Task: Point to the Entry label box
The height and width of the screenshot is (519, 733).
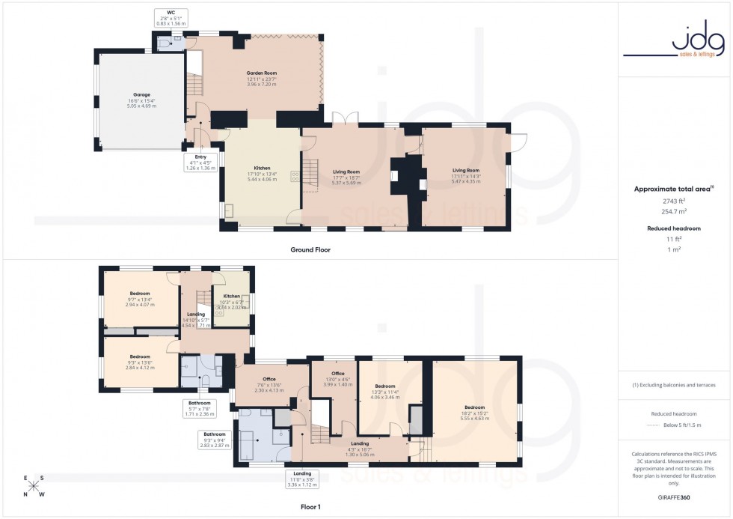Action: tap(200, 163)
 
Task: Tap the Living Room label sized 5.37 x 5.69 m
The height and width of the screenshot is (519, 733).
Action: tap(346, 177)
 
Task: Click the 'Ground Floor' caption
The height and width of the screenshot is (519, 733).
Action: tap(309, 249)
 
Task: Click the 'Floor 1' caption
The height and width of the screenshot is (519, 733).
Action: tap(310, 507)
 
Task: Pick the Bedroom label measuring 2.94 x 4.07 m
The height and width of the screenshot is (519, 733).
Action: tap(139, 299)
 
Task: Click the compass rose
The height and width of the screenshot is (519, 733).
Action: tap(33, 485)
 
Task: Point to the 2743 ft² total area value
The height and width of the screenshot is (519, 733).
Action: tap(674, 201)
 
